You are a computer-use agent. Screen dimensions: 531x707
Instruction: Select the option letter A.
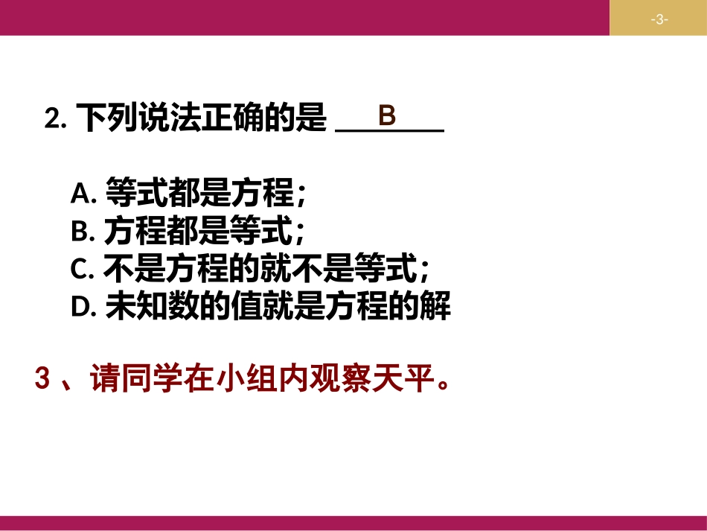80,194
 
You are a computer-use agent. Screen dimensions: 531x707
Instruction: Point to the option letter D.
81,308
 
